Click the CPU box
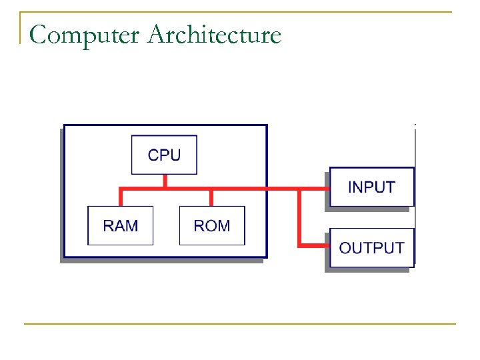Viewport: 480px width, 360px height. click(x=164, y=155)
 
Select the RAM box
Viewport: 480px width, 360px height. click(x=121, y=225)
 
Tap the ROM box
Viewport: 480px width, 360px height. click(x=212, y=225)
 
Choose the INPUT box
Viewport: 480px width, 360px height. click(x=371, y=187)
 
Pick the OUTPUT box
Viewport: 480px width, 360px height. click(x=371, y=247)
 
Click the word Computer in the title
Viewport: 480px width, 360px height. click(x=87, y=34)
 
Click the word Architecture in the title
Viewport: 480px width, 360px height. click(x=215, y=34)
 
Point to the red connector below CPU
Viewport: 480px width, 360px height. click(x=165, y=181)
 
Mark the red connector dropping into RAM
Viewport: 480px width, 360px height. click(x=121, y=198)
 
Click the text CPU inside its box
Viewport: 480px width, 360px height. click(x=164, y=155)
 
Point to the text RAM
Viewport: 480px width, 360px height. click(x=121, y=225)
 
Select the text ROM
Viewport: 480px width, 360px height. click(x=212, y=225)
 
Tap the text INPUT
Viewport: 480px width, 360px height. click(x=371, y=187)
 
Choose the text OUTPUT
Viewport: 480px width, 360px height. click(x=371, y=247)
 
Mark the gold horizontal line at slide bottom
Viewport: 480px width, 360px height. click(x=240, y=324)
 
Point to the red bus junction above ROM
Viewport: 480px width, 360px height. click(x=211, y=189)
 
